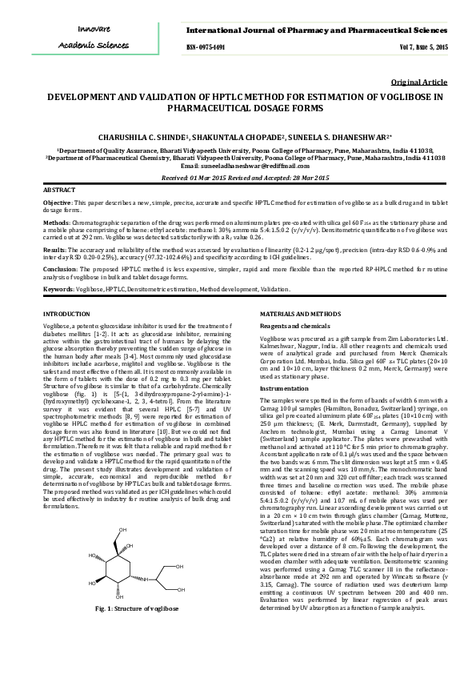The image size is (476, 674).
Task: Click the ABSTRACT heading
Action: (58, 190)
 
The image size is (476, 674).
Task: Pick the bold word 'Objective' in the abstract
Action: (58, 203)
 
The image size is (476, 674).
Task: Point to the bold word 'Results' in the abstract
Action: (54, 250)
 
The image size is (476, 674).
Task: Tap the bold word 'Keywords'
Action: (59, 287)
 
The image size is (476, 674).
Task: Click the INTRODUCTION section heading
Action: (66, 314)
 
